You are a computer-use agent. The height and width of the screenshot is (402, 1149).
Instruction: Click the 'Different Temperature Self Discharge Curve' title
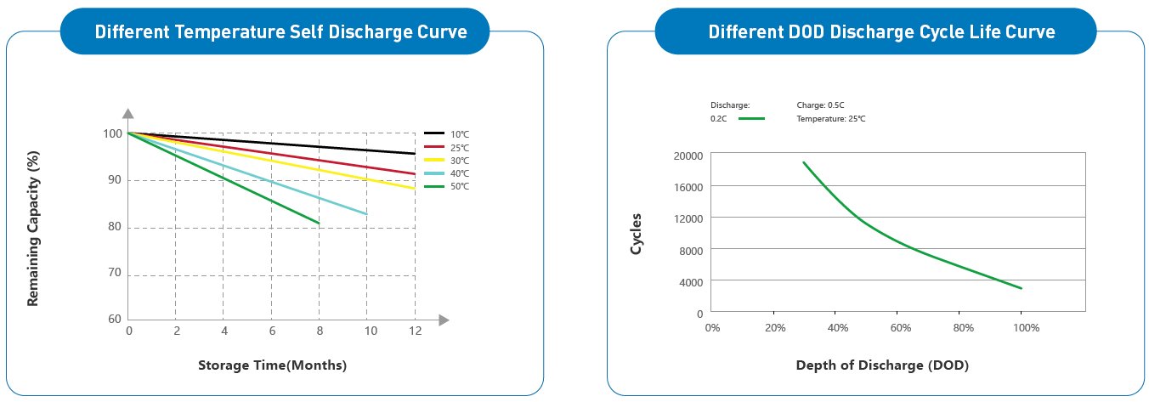(280, 32)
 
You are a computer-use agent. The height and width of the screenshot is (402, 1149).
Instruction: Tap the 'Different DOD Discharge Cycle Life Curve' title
(881, 32)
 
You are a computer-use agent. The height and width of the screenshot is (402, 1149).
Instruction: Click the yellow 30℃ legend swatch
(434, 160)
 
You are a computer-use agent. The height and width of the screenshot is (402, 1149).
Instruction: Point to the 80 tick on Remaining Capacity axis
(113, 227)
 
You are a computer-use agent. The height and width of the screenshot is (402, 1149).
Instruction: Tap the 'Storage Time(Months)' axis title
(272, 365)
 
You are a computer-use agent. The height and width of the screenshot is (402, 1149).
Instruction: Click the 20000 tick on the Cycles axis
(688, 156)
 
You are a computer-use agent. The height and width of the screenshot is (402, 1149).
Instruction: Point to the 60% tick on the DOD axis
(900, 328)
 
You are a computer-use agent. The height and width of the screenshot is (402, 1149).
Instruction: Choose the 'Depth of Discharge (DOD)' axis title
(882, 365)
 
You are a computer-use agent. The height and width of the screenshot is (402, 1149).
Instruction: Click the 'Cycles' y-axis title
(636, 234)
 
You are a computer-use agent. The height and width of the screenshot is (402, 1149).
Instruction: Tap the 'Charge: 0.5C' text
(820, 105)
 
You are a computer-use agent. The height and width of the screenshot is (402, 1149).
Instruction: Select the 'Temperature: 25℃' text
(830, 119)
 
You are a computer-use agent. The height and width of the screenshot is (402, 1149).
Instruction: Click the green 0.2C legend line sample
(751, 119)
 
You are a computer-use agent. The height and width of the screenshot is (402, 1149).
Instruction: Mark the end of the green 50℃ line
(320, 224)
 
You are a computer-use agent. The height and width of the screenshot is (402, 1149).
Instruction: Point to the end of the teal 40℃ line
(367, 214)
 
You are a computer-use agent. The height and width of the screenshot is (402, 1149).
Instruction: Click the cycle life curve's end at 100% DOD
(1022, 288)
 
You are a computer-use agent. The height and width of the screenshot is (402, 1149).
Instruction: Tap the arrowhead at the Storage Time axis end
(443, 320)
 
